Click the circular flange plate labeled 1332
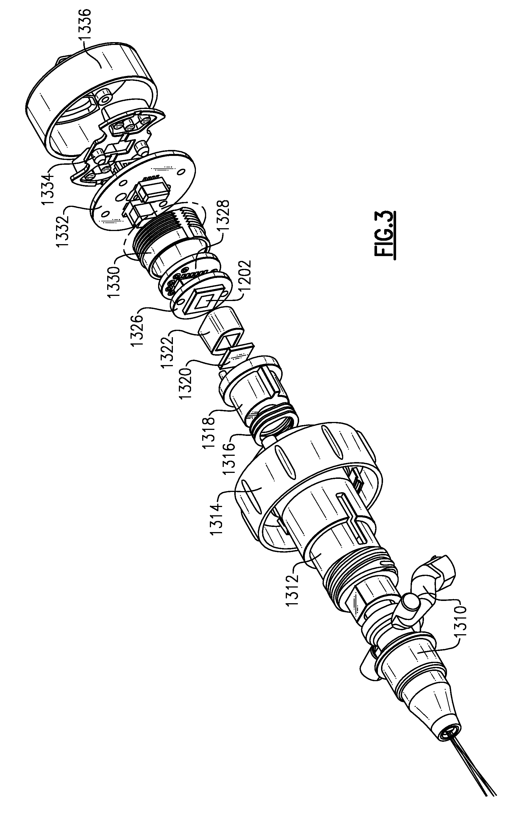144,190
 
